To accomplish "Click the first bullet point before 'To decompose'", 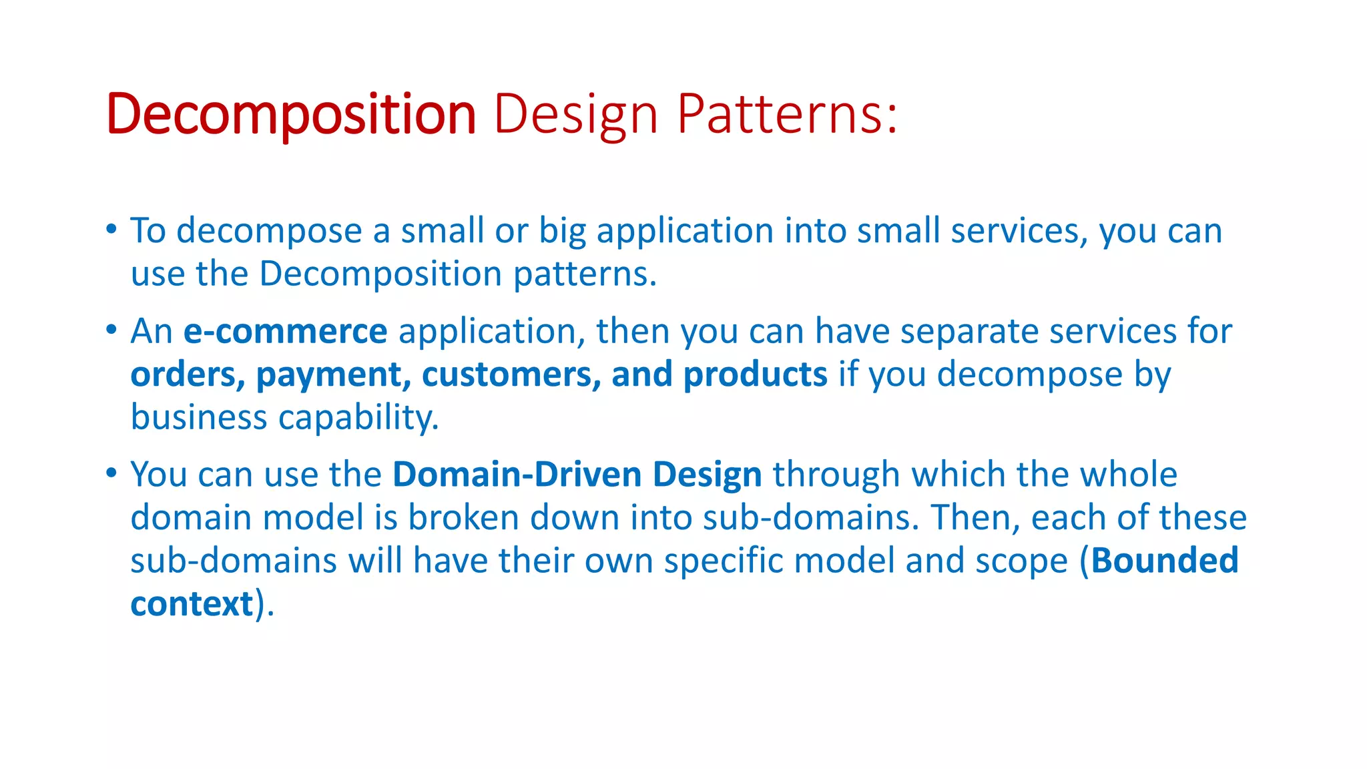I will [111, 230].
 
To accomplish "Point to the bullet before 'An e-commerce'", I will [111, 330].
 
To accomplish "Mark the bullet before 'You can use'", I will [111, 473].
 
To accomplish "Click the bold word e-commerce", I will [285, 332].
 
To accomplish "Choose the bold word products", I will [755, 375].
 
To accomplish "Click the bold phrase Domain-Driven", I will [517, 475].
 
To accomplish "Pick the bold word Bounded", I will [1165, 561].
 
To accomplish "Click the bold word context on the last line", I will [192, 604].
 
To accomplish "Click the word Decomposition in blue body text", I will [380, 274].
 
